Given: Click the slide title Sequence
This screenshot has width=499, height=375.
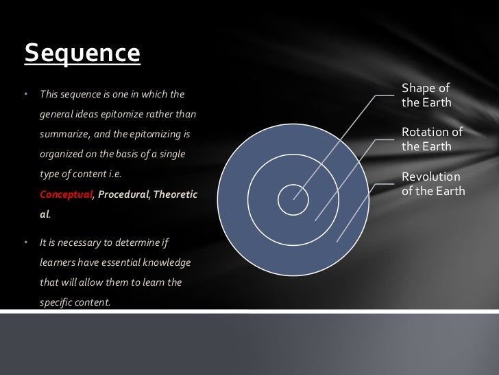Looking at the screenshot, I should pyautogui.click(x=82, y=53).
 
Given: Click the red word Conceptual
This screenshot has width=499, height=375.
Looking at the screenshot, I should pyautogui.click(x=66, y=195).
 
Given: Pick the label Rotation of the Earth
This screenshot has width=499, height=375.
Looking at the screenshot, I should pyautogui.click(x=432, y=139).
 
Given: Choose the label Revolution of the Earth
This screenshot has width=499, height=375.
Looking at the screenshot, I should pyautogui.click(x=433, y=183).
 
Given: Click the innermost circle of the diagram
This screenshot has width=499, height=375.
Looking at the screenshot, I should pyautogui.click(x=293, y=198).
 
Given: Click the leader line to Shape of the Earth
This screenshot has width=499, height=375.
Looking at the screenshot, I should pyautogui.click(x=343, y=144).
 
